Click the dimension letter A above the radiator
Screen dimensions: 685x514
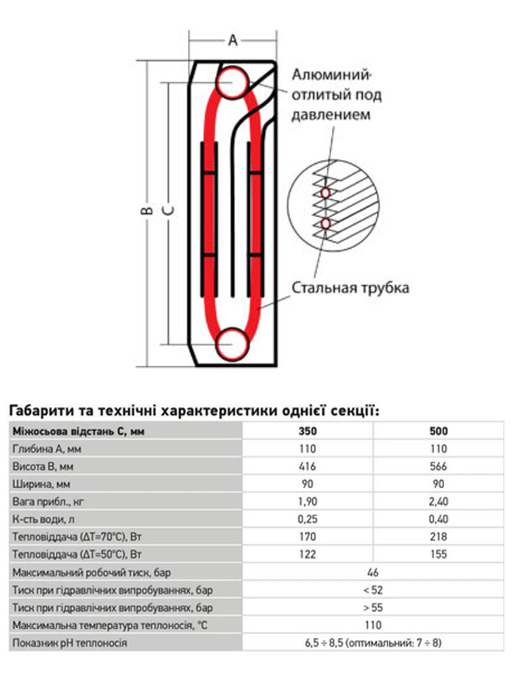(233, 41)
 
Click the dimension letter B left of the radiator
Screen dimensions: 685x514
(147, 210)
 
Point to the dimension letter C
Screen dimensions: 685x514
(168, 210)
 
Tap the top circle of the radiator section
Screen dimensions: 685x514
(233, 81)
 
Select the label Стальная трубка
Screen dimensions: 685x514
(350, 287)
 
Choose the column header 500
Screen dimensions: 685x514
(438, 432)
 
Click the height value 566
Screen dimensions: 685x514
(438, 466)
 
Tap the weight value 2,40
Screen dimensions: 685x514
(438, 501)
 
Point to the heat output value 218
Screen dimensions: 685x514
(438, 537)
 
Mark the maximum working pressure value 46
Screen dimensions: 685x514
(372, 572)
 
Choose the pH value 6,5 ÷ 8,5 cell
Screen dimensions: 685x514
(372, 642)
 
